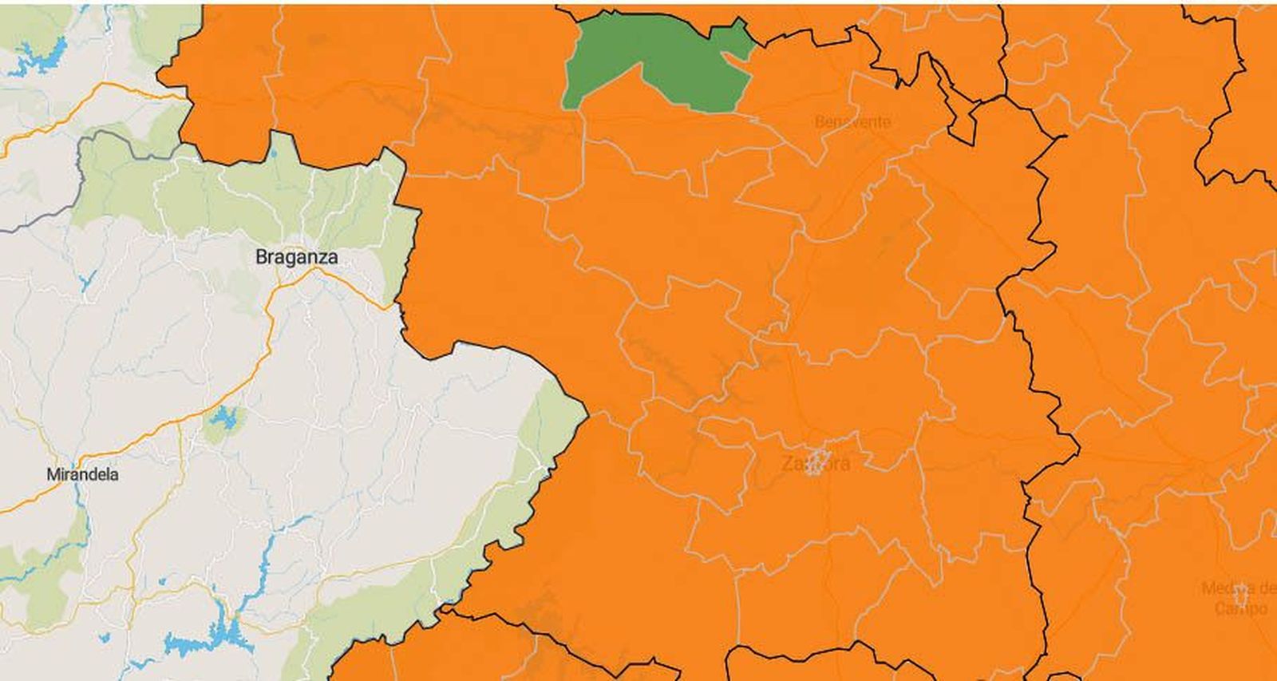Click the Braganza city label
coord(296,257)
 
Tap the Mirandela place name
coord(82,474)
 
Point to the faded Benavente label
coord(852,122)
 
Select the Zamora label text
coord(815,463)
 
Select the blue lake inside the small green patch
coord(224,418)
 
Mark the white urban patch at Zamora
coord(816,461)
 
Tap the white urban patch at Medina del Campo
coord(1240,594)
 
